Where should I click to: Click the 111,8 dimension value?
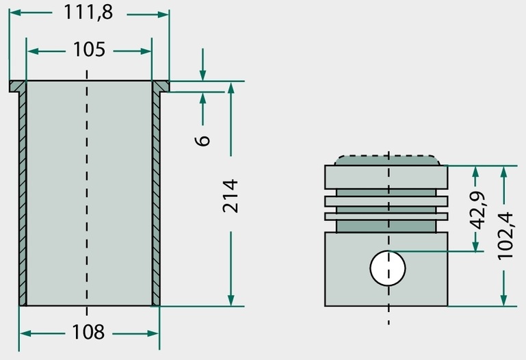[x=88, y=13]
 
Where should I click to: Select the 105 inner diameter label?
[x=89, y=50]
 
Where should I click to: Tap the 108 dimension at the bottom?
[x=88, y=332]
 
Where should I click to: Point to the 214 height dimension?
[x=231, y=196]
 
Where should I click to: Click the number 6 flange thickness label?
[x=202, y=140]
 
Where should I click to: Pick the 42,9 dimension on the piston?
[x=477, y=210]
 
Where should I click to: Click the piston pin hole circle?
[x=388, y=268]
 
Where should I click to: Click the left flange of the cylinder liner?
[x=17, y=86]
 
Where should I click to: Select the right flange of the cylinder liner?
[x=161, y=86]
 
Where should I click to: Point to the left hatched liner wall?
[x=23, y=198]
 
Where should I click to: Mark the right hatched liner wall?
[x=156, y=198]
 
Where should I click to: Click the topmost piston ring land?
[x=386, y=177]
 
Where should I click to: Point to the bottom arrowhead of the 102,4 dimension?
[x=503, y=300]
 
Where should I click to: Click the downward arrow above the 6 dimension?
[x=202, y=64]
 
